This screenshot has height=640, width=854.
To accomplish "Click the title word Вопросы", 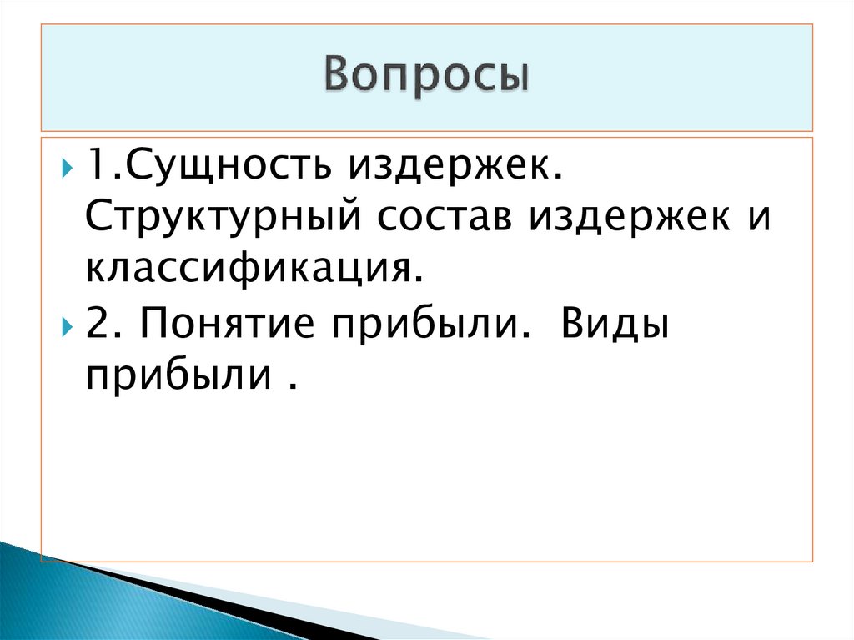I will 426,76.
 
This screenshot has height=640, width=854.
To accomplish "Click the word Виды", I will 615,324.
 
